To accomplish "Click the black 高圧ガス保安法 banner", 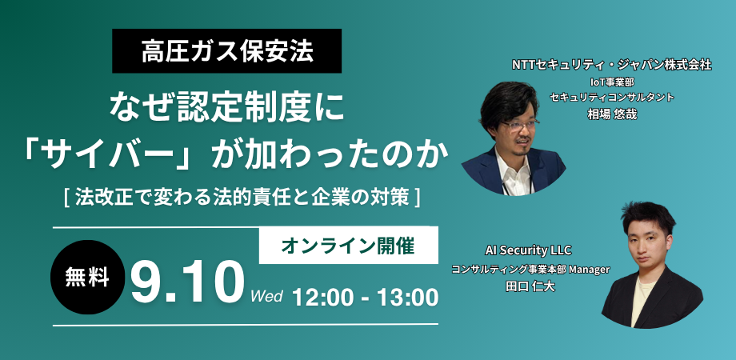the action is (226, 50).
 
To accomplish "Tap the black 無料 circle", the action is (87, 278).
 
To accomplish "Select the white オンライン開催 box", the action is (348, 246).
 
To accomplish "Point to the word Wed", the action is (266, 297).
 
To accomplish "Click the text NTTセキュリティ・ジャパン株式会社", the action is (612, 66).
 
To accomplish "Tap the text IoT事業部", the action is (613, 82).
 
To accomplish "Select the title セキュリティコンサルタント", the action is (612, 98).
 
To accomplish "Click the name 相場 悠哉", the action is (612, 114).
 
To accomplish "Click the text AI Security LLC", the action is (530, 250).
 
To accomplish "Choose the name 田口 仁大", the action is (530, 286).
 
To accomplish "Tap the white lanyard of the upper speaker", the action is (505, 185).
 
